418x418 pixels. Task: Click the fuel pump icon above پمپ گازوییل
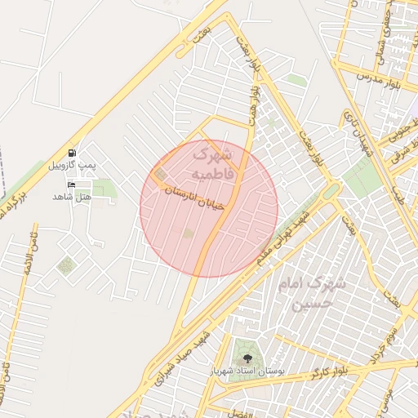click(73, 153)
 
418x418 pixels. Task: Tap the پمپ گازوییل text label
click(69, 165)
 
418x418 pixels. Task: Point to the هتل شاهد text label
click(69, 197)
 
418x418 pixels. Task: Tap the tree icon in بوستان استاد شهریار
click(247, 357)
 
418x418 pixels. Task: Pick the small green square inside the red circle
click(188, 234)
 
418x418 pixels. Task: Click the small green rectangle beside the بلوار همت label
click(296, 80)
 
